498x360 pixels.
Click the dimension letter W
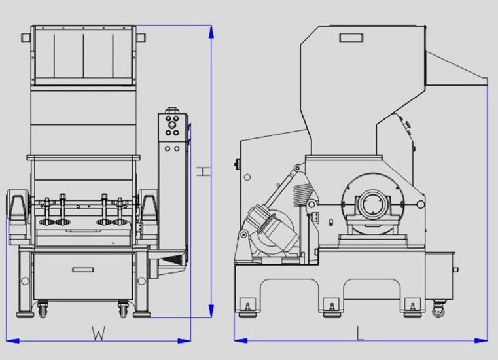pos(98,333)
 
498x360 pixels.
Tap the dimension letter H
pos(204,171)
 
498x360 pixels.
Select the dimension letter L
pos(360,333)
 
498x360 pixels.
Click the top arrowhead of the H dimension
pos(211,32)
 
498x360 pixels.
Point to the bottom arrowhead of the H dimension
pos(211,310)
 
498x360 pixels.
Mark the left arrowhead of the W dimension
pos(12,341)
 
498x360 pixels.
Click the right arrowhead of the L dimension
pos(481,340)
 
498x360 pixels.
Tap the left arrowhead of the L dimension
pos(241,340)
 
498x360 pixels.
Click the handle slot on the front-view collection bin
pos(83,270)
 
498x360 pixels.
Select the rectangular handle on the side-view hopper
pos(351,38)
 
